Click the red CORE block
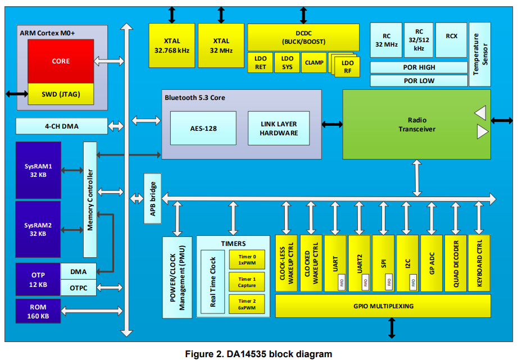pyautogui.click(x=61, y=61)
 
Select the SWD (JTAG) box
pyautogui.click(x=61, y=94)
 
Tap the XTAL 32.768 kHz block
pyautogui.click(x=172, y=45)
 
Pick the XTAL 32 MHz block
pyautogui.click(x=221, y=45)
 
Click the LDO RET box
pyautogui.click(x=260, y=62)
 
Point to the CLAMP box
pyautogui.click(x=314, y=62)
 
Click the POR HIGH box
pyautogui.click(x=419, y=67)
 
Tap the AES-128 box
pyautogui.click(x=203, y=128)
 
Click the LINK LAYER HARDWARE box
pyautogui.click(x=279, y=128)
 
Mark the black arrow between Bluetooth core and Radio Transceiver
pyautogui.click(x=332, y=124)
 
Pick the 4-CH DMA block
pyautogui.click(x=62, y=126)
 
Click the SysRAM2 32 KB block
pyautogui.click(x=38, y=229)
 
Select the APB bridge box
pyautogui.click(x=151, y=198)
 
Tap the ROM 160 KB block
pyautogui.click(x=38, y=312)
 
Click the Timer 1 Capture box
pyautogui.click(x=247, y=282)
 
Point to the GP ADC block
pyautogui.click(x=431, y=263)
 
